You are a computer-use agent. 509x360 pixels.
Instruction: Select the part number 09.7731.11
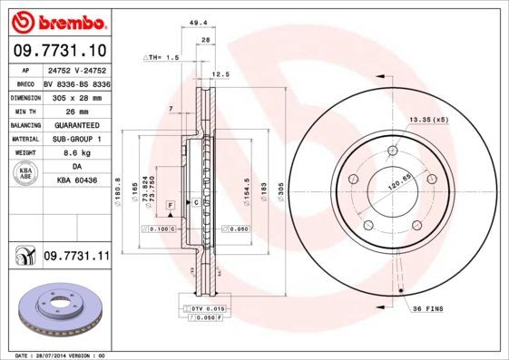click(x=76, y=258)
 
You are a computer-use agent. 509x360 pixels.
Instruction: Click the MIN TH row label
click(x=24, y=111)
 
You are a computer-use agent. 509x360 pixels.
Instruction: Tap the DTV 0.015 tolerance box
click(x=207, y=310)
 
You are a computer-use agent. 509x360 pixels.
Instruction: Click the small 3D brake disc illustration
click(x=56, y=309)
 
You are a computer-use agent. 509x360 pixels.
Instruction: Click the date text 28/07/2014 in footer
click(x=59, y=355)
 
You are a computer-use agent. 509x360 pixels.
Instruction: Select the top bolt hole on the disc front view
click(x=392, y=151)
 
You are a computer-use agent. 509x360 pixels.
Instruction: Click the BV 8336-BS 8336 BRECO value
click(x=77, y=82)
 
